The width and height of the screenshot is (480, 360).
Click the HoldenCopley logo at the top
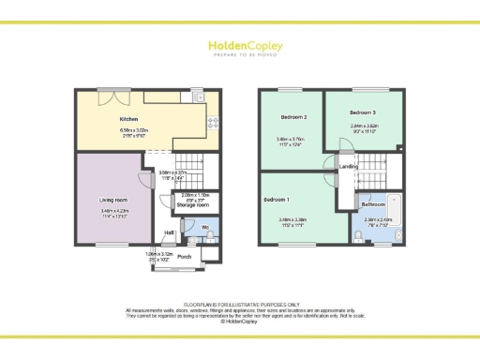pyautogui.click(x=239, y=47)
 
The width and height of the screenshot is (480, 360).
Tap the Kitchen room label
pyautogui.click(x=129, y=120)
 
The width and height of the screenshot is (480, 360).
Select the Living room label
pyautogui.click(x=113, y=200)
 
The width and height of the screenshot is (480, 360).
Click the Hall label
pyautogui.click(x=171, y=232)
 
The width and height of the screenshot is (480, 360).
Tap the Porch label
pyautogui.click(x=185, y=255)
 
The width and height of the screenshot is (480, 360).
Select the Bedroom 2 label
pyautogui.click(x=293, y=117)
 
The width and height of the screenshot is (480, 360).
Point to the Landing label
pyautogui.click(x=348, y=167)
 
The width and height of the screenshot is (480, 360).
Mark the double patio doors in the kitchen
pyautogui.click(x=116, y=90)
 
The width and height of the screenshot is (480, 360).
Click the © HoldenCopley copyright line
pyautogui.click(x=239, y=322)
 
